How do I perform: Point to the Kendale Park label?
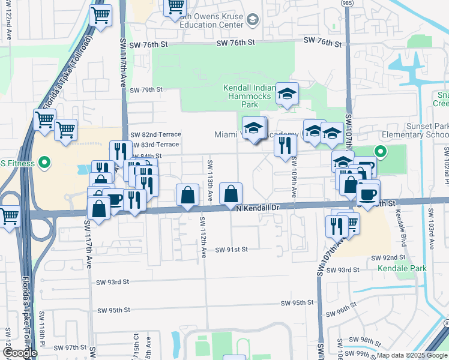(402, 268)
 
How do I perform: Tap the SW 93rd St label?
(113, 282)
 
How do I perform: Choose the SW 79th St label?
(146, 90)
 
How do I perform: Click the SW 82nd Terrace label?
(155, 134)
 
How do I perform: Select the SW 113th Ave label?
(209, 180)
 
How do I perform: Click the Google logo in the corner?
(19, 353)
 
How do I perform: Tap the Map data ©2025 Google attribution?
(412, 355)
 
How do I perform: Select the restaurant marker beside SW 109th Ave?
(285, 145)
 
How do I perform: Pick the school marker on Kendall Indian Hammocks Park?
(287, 93)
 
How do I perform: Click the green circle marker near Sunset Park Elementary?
(379, 151)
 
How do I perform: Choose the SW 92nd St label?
(390, 257)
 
